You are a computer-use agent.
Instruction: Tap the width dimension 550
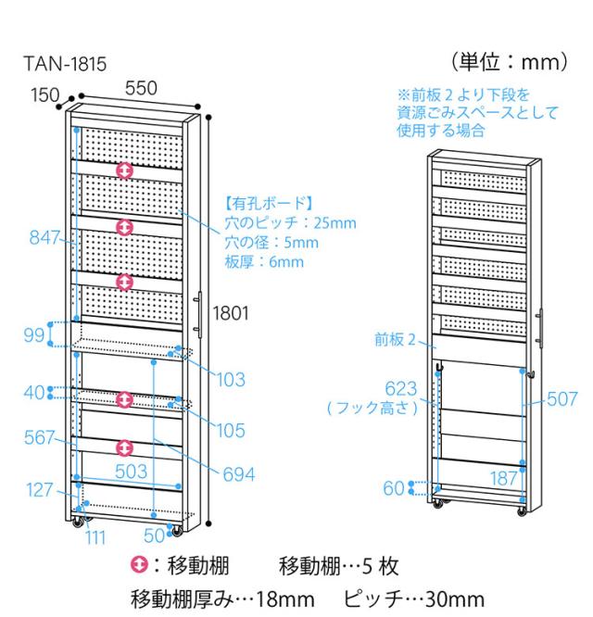pos(142,88)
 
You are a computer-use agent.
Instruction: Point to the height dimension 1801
pos(231,313)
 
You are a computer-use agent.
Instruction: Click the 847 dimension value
pos(43,237)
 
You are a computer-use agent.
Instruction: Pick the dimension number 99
pos(34,334)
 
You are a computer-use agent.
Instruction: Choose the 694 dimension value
pos(239,473)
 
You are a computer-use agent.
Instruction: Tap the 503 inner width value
pos(131,472)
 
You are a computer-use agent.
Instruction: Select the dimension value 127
pos(39,490)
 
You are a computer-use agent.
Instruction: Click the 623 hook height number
pos(401,388)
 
